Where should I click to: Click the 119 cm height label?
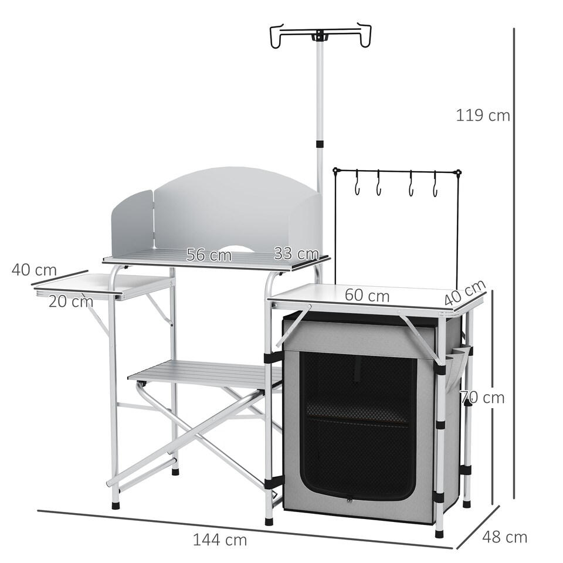(x=483, y=115)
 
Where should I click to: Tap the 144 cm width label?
(x=220, y=540)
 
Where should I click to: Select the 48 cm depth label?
(x=504, y=537)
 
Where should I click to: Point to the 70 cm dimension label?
(x=483, y=398)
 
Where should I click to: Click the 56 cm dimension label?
(x=209, y=255)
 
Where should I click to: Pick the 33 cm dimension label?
(x=296, y=254)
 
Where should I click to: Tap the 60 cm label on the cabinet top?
(x=367, y=296)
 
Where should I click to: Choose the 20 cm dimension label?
(x=71, y=301)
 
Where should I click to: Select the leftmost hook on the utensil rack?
(x=356, y=183)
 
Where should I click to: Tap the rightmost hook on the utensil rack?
(x=435, y=184)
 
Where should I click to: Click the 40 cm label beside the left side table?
(x=34, y=270)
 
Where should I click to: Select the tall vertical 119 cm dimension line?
(x=514, y=264)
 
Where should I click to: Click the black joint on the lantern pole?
(x=320, y=144)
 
